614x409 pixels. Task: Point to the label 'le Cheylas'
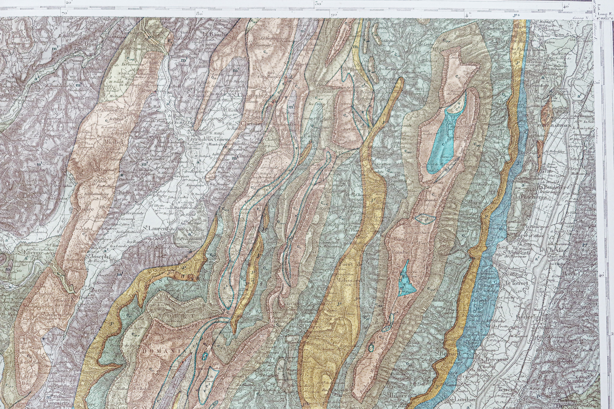(x=549, y=250)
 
